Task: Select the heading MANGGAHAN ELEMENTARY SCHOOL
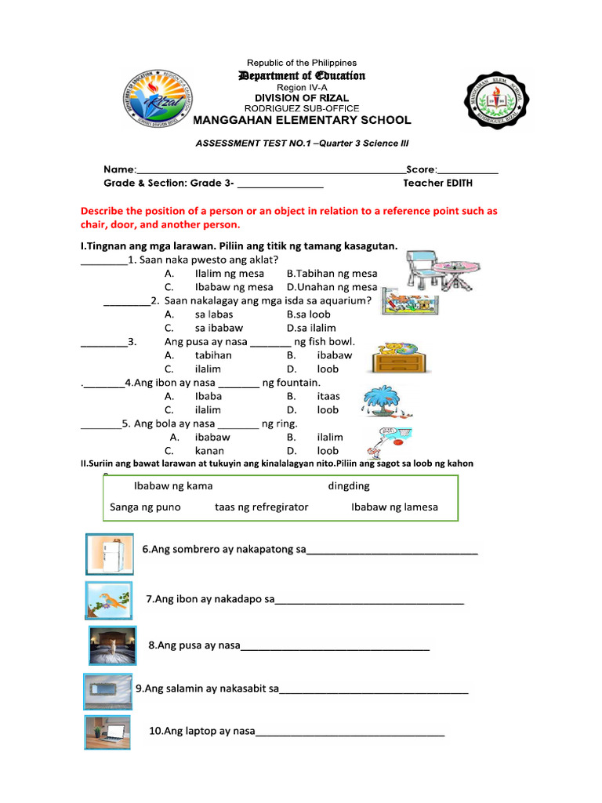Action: coord(302,120)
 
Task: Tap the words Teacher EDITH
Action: coord(437,183)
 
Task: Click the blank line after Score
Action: coord(468,170)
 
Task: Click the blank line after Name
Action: coord(271,170)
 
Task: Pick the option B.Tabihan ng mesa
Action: coord(332,274)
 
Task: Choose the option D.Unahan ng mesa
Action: coord(332,287)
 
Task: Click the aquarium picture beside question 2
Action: coord(410,304)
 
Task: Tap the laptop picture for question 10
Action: coord(107,732)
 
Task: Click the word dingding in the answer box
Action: coord(348,485)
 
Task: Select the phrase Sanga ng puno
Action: coord(145,507)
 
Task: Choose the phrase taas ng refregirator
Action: coord(261,507)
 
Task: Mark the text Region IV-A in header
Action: coord(302,87)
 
